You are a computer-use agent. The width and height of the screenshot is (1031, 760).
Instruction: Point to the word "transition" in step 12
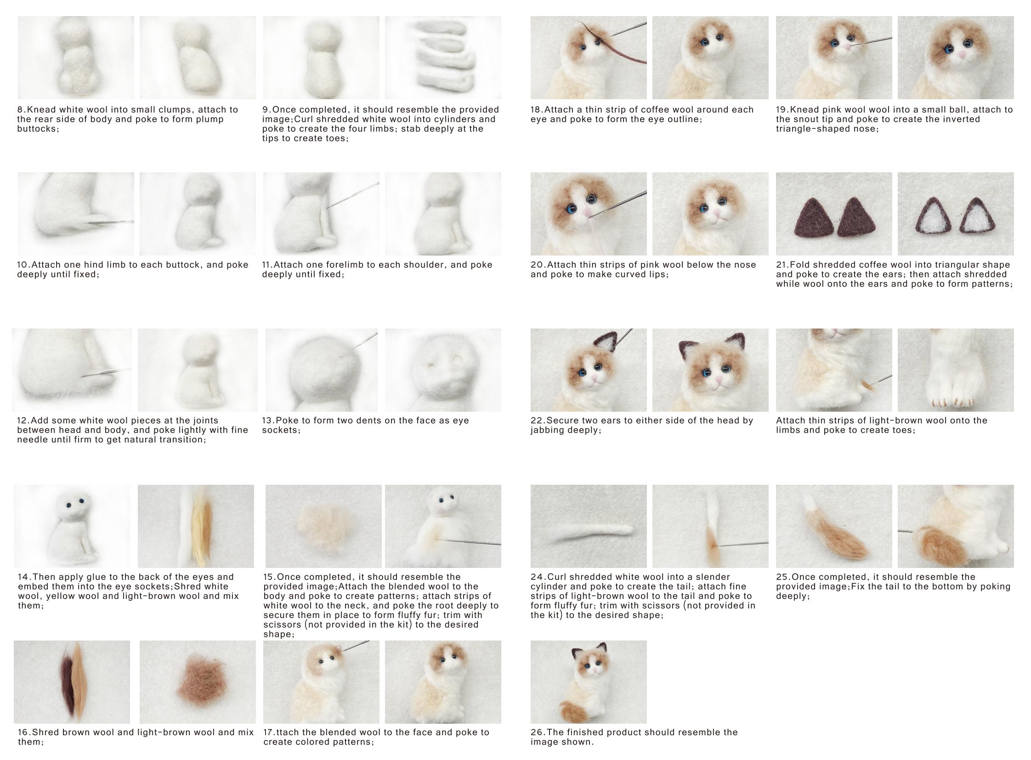click(x=182, y=440)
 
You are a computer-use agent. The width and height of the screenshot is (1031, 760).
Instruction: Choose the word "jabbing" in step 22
click(x=547, y=431)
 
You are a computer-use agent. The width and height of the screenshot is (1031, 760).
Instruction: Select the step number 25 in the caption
click(x=782, y=578)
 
